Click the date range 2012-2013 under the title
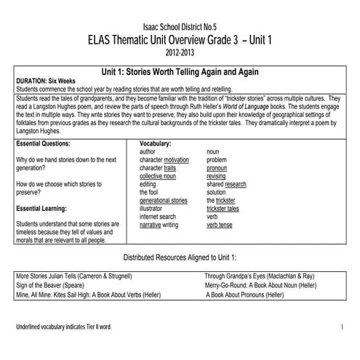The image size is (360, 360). (x=180, y=53)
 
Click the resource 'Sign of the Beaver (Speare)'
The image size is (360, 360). (x=55, y=286)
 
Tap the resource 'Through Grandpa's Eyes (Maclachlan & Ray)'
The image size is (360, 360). (x=259, y=276)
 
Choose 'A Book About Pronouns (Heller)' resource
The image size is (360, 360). (x=261, y=295)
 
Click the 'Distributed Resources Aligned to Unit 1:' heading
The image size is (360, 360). (x=180, y=258)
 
